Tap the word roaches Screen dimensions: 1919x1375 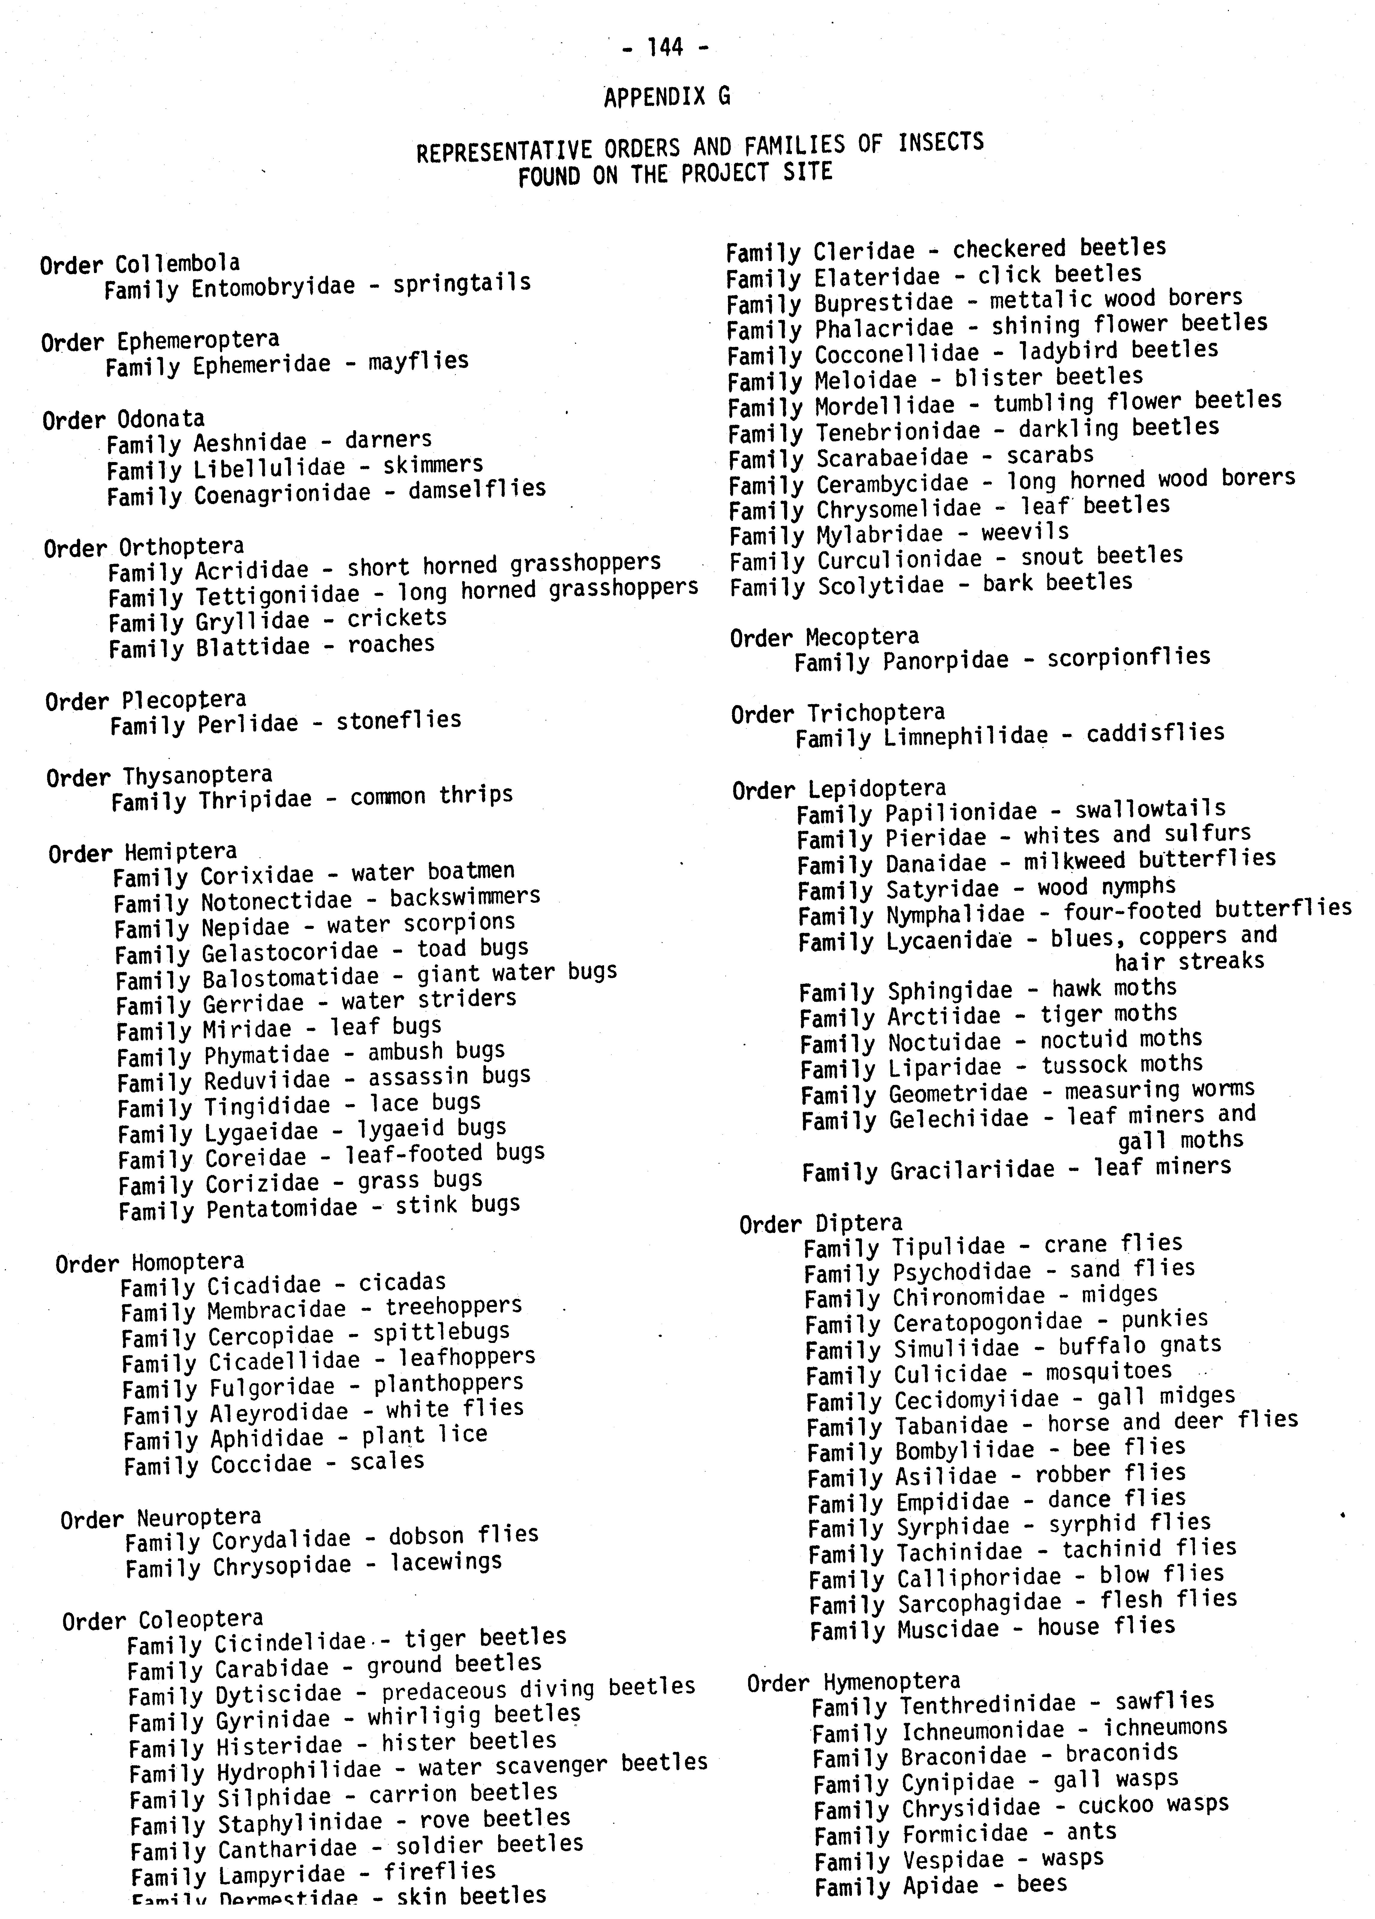(391, 645)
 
